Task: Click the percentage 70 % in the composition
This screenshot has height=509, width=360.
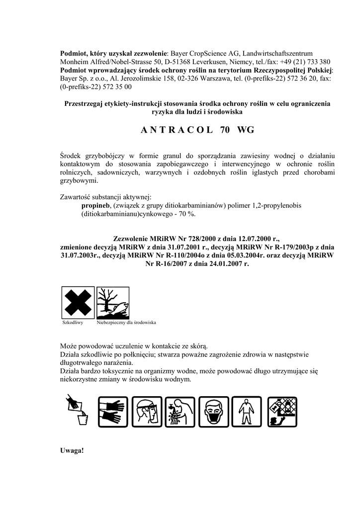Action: click(x=187, y=214)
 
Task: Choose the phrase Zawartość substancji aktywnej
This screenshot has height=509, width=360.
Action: click(x=105, y=197)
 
